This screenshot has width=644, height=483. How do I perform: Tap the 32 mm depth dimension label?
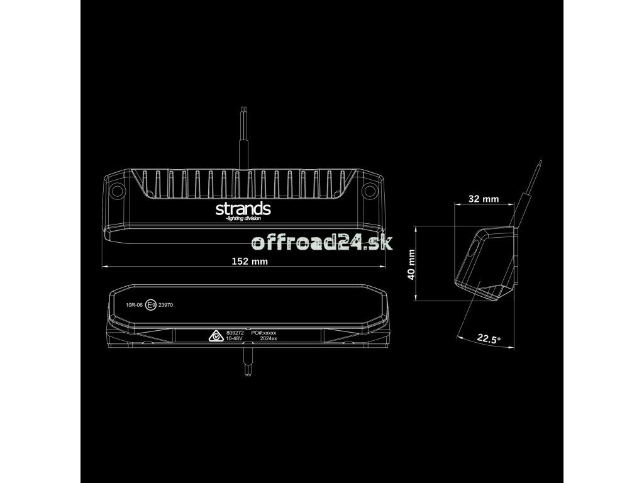[x=484, y=199]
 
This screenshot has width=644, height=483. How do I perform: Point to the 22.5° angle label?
[x=489, y=339]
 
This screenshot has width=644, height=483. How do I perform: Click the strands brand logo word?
[x=243, y=208]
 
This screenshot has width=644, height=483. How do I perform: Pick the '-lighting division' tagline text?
[x=243, y=219]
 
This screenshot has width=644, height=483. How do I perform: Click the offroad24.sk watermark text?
[x=321, y=242]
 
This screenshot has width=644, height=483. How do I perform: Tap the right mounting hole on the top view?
[x=370, y=189]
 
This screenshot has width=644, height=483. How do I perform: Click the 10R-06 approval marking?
[x=135, y=305]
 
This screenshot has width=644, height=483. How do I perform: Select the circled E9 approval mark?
[x=151, y=305]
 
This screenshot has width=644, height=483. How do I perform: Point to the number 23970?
[x=167, y=305]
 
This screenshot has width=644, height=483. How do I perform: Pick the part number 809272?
[x=233, y=331]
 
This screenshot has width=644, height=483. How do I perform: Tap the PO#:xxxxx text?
[x=264, y=331]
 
